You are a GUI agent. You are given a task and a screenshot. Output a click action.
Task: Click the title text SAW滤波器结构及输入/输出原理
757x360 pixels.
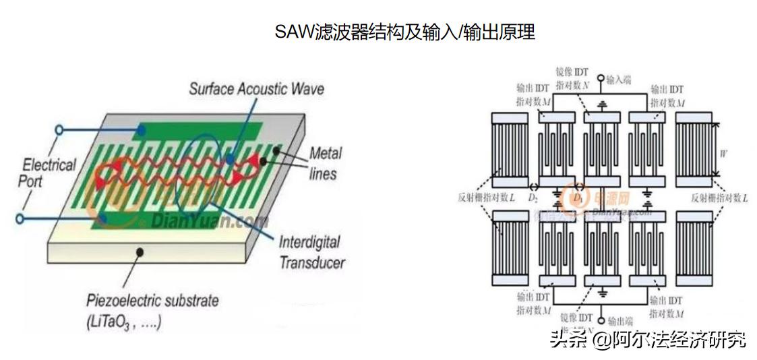[x=404, y=32]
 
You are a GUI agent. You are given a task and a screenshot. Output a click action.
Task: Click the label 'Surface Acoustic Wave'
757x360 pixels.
[x=256, y=89]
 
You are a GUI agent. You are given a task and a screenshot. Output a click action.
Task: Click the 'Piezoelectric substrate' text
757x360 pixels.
[x=152, y=300]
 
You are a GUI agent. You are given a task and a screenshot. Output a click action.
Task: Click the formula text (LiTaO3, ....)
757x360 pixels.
[x=124, y=322]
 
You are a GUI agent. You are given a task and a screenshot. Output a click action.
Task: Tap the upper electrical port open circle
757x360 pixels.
[x=59, y=128]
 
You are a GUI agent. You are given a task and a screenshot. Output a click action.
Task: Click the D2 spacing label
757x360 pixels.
[x=533, y=198]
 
